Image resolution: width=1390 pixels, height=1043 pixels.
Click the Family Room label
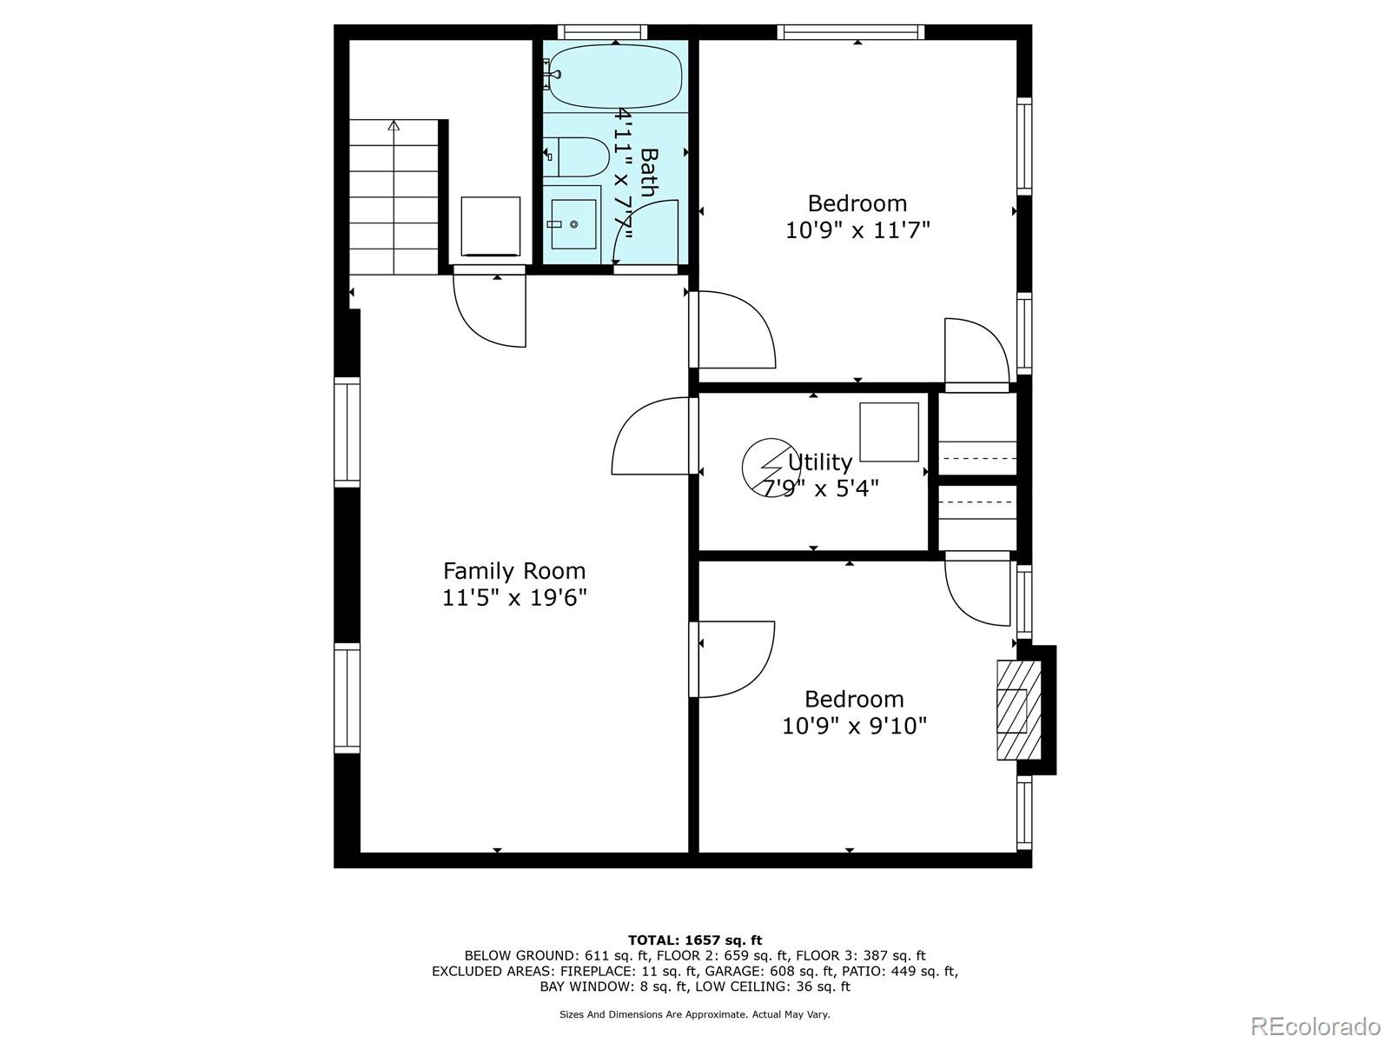(x=513, y=571)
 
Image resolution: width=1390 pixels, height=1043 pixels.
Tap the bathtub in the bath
(x=615, y=76)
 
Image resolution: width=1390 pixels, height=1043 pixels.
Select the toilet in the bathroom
(x=576, y=157)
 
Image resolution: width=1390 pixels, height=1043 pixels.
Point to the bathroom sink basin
(x=573, y=224)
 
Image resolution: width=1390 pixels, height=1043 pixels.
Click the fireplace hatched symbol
(x=1019, y=710)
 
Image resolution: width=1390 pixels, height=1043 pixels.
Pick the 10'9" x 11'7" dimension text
(x=857, y=229)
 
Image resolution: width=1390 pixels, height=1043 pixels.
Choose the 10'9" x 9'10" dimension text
(x=854, y=726)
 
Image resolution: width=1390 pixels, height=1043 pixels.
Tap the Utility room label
(x=819, y=462)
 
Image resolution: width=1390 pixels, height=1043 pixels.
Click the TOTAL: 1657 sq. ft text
(x=695, y=940)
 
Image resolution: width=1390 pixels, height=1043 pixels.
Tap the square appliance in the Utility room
(x=889, y=432)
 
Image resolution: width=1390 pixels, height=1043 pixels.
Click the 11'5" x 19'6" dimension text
(x=514, y=598)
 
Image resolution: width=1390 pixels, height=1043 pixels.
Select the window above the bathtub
(x=602, y=31)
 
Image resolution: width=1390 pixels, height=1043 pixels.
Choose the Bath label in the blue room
(x=650, y=172)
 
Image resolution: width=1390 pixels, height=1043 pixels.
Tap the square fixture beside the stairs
(x=490, y=226)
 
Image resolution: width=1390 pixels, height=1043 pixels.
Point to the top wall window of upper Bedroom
(x=851, y=31)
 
